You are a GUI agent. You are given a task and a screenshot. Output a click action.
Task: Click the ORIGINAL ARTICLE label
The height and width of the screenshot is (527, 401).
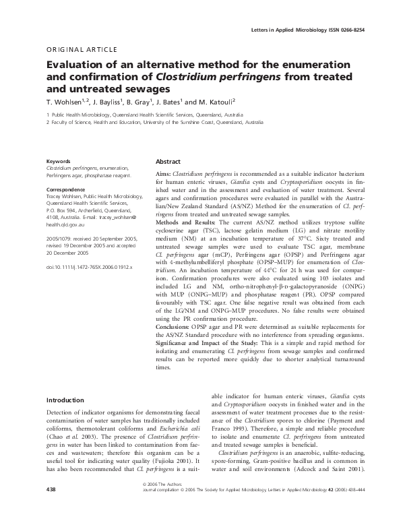(x=81, y=50)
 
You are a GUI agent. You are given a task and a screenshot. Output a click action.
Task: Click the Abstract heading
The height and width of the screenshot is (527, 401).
(x=168, y=162)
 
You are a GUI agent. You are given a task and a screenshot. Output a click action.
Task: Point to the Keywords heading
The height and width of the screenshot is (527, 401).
(x=59, y=162)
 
